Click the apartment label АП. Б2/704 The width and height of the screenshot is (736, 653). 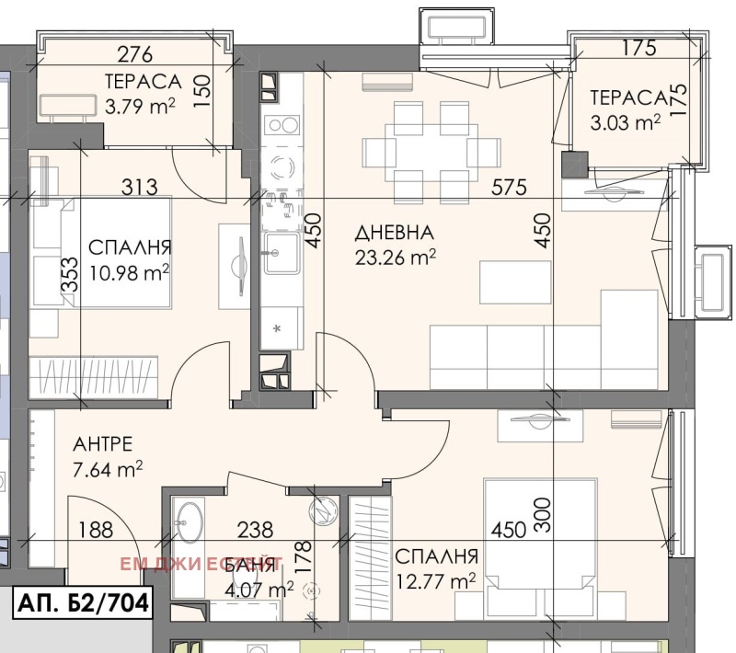(x=83, y=601)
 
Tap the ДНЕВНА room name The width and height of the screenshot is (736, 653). (x=395, y=233)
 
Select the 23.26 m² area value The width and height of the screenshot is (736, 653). (x=396, y=258)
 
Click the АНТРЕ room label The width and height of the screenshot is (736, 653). (x=103, y=444)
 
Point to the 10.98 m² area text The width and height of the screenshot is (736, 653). (x=129, y=272)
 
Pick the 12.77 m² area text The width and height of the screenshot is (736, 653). (x=435, y=581)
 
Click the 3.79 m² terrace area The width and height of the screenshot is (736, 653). (x=141, y=107)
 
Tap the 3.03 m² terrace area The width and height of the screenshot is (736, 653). (x=626, y=123)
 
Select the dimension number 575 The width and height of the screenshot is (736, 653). (x=510, y=188)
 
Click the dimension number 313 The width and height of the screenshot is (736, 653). (x=140, y=188)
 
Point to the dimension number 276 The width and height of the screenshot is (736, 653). (x=135, y=54)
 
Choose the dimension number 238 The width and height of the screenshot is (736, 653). (x=255, y=530)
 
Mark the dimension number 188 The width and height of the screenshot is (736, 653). (x=96, y=530)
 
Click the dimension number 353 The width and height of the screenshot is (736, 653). (x=71, y=275)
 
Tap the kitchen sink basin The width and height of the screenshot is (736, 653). (x=282, y=253)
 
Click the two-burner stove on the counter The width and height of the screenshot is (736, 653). (x=282, y=125)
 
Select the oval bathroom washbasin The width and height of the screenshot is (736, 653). (x=190, y=522)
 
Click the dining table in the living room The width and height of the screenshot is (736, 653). (x=431, y=153)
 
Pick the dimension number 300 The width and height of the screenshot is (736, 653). (x=543, y=515)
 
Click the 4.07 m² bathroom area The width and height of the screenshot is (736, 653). (x=259, y=590)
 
